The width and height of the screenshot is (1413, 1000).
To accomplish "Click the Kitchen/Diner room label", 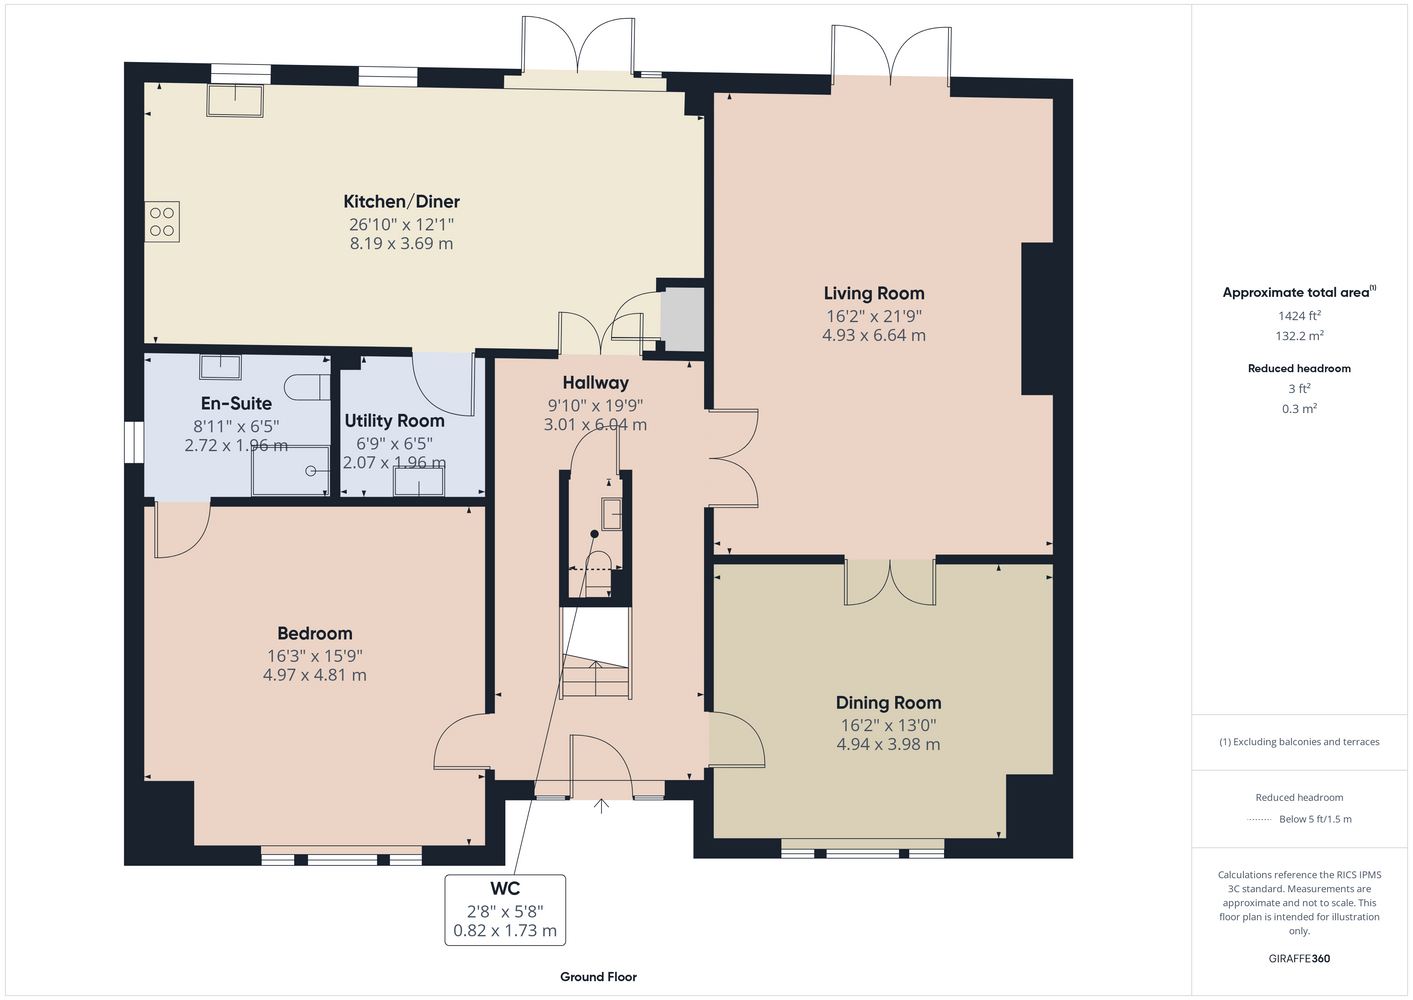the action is [x=401, y=201].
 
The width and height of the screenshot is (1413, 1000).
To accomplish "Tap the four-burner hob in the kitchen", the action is [x=162, y=221].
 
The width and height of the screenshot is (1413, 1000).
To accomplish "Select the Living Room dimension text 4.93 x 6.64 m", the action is [x=874, y=335].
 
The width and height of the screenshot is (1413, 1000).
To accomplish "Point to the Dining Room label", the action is [x=888, y=702].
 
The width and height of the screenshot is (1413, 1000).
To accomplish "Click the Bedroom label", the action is [x=315, y=633].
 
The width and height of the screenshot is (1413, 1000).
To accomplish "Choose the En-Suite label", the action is [x=236, y=403].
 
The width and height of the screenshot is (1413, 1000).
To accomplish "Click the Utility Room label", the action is [x=394, y=420].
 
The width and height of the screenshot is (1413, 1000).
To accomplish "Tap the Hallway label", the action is [x=595, y=382].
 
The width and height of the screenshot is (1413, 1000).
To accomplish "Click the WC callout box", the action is [x=505, y=910].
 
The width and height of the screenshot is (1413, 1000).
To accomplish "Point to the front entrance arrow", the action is [x=601, y=806].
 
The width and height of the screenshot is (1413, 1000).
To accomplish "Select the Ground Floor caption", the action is [x=599, y=977].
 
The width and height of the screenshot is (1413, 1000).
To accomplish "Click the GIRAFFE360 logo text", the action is [x=1299, y=958].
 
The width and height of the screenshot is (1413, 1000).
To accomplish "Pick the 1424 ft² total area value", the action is [x=1299, y=315].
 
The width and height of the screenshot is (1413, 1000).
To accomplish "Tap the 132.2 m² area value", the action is [x=1299, y=336].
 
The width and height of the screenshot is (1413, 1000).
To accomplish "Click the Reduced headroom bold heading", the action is [x=1299, y=368].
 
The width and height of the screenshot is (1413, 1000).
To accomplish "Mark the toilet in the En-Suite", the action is [x=307, y=387].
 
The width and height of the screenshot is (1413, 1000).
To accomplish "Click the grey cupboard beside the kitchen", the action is [x=682, y=319].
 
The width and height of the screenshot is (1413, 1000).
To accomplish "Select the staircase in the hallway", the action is [x=595, y=652].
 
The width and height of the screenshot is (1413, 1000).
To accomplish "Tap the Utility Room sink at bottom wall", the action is [x=419, y=483].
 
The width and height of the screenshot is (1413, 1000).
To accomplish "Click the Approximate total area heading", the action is [x=1299, y=292].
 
